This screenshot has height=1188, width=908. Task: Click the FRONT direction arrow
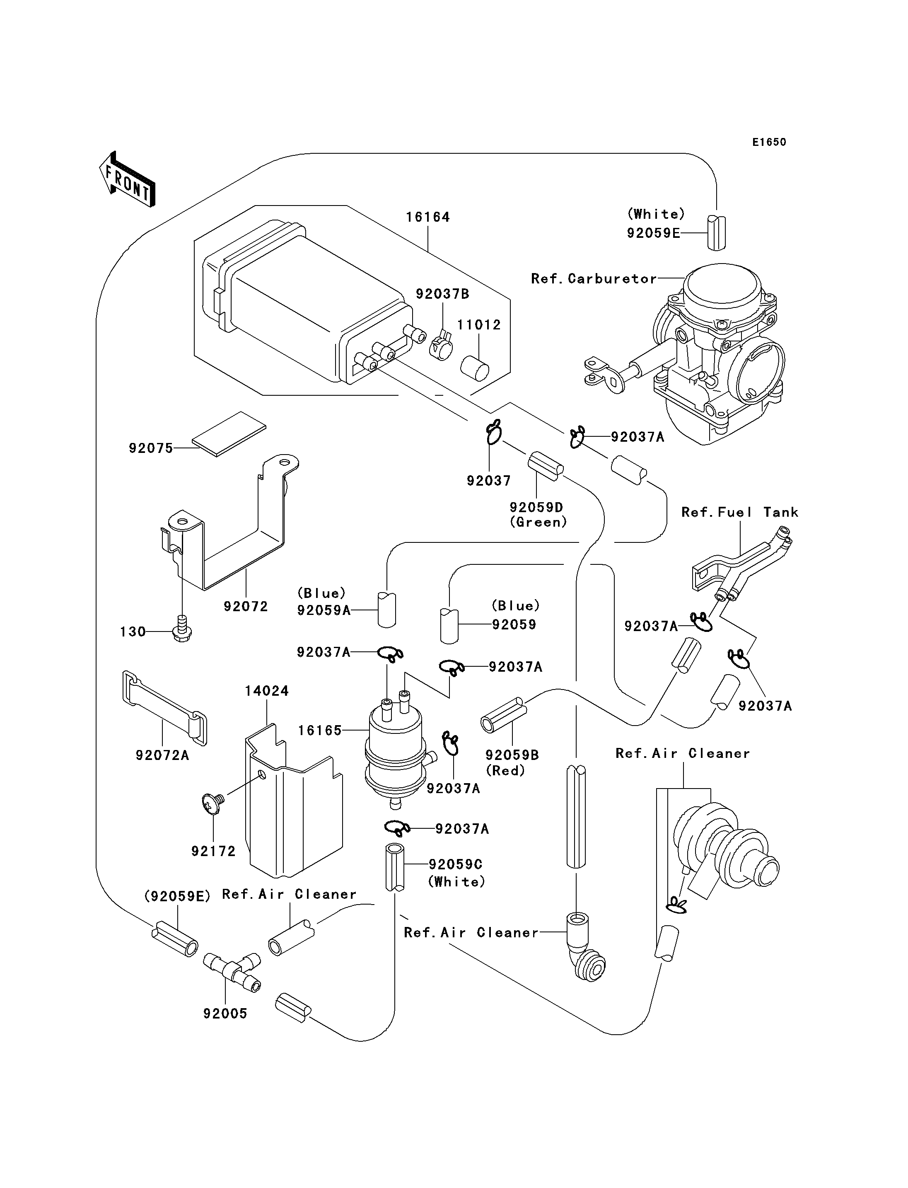pyautogui.click(x=128, y=179)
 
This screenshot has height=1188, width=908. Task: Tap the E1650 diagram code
pyautogui.click(x=769, y=142)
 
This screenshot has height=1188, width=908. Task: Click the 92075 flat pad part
pyautogui.click(x=229, y=434)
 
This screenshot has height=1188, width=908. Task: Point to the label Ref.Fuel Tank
pyautogui.click(x=739, y=512)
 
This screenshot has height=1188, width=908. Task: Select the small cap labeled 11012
pyautogui.click(x=475, y=368)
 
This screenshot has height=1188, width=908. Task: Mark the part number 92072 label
pyautogui.click(x=246, y=607)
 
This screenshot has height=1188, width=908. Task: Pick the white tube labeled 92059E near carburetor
pyautogui.click(x=717, y=232)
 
